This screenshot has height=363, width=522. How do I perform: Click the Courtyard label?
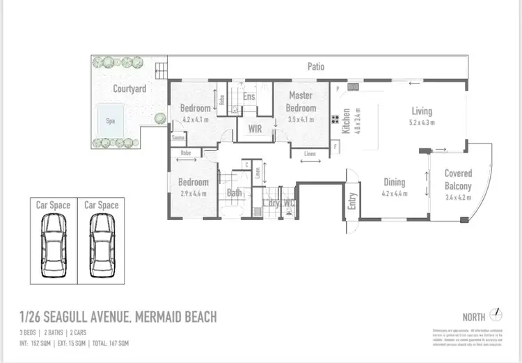pos(129,89)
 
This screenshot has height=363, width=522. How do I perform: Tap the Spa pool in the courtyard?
pos(110,119)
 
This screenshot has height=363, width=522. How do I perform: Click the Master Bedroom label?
pos(301,102)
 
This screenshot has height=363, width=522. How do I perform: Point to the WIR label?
pos(255,129)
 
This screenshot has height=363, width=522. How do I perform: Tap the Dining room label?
pos(395,183)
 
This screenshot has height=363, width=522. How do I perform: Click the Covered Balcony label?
pos(458,180)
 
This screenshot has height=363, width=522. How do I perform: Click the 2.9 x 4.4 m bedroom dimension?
pos(193,193)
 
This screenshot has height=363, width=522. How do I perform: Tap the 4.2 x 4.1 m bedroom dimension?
pos(195,119)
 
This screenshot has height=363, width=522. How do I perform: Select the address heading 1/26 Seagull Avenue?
pos(118,317)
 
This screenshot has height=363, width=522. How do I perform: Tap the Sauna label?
pos(178,137)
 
